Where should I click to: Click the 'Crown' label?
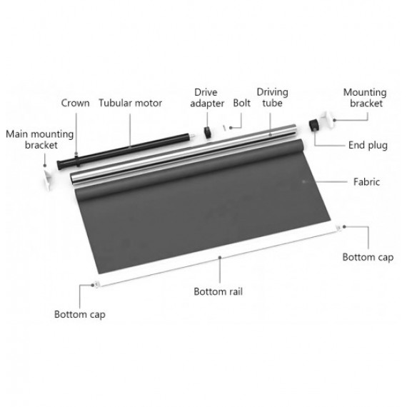[x=75, y=103]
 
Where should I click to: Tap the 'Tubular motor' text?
[x=130, y=103]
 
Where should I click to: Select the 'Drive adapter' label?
[x=207, y=98]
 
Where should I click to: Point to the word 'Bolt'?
[x=241, y=103]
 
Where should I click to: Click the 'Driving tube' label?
[x=272, y=98]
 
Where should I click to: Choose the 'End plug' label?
[x=368, y=146]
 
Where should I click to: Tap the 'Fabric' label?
[x=366, y=181]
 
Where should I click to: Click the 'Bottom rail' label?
[x=218, y=291]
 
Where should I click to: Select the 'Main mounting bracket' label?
[x=40, y=139]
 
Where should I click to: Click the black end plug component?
[x=314, y=125]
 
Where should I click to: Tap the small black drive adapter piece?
[x=207, y=132]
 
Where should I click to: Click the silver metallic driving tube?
[x=184, y=154]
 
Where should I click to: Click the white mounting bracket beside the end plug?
[x=328, y=119]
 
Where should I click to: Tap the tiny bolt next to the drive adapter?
[x=224, y=128]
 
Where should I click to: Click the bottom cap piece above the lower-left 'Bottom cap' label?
[x=96, y=285]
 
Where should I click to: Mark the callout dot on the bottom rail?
[x=220, y=258]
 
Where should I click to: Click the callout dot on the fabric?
[x=304, y=182]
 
